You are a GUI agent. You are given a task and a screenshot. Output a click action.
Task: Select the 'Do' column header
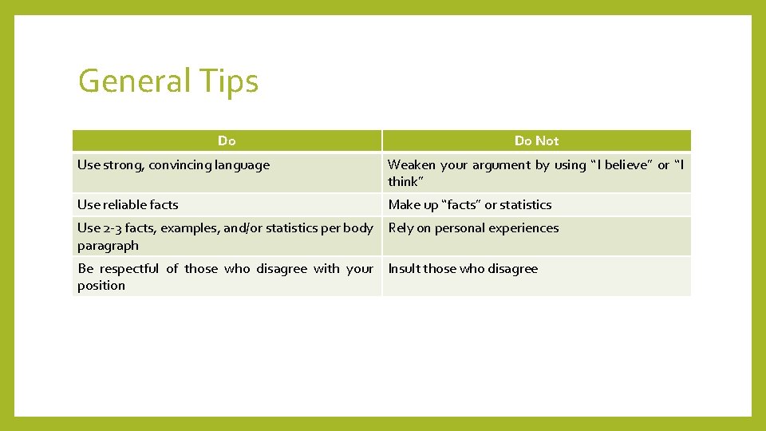[x=227, y=140]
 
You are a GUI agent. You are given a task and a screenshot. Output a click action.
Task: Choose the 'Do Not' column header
[x=536, y=140]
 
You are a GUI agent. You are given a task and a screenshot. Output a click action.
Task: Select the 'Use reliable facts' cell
[x=128, y=204]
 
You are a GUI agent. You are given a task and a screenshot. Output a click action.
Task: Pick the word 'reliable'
[x=128, y=204]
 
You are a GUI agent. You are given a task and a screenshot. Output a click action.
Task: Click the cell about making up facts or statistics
[x=470, y=204]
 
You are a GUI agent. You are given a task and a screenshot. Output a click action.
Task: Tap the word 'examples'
[x=189, y=228]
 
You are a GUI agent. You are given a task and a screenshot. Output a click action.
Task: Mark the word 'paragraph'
[x=108, y=245]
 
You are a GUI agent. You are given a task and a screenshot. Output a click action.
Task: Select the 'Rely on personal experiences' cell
[x=473, y=228]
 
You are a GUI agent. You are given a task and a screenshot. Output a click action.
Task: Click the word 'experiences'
[x=523, y=228]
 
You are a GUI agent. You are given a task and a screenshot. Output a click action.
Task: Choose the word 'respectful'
[x=128, y=269]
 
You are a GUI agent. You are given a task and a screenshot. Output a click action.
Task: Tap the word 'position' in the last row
[x=101, y=285]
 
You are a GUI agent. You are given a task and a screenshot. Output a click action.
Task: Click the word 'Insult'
[x=404, y=269]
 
